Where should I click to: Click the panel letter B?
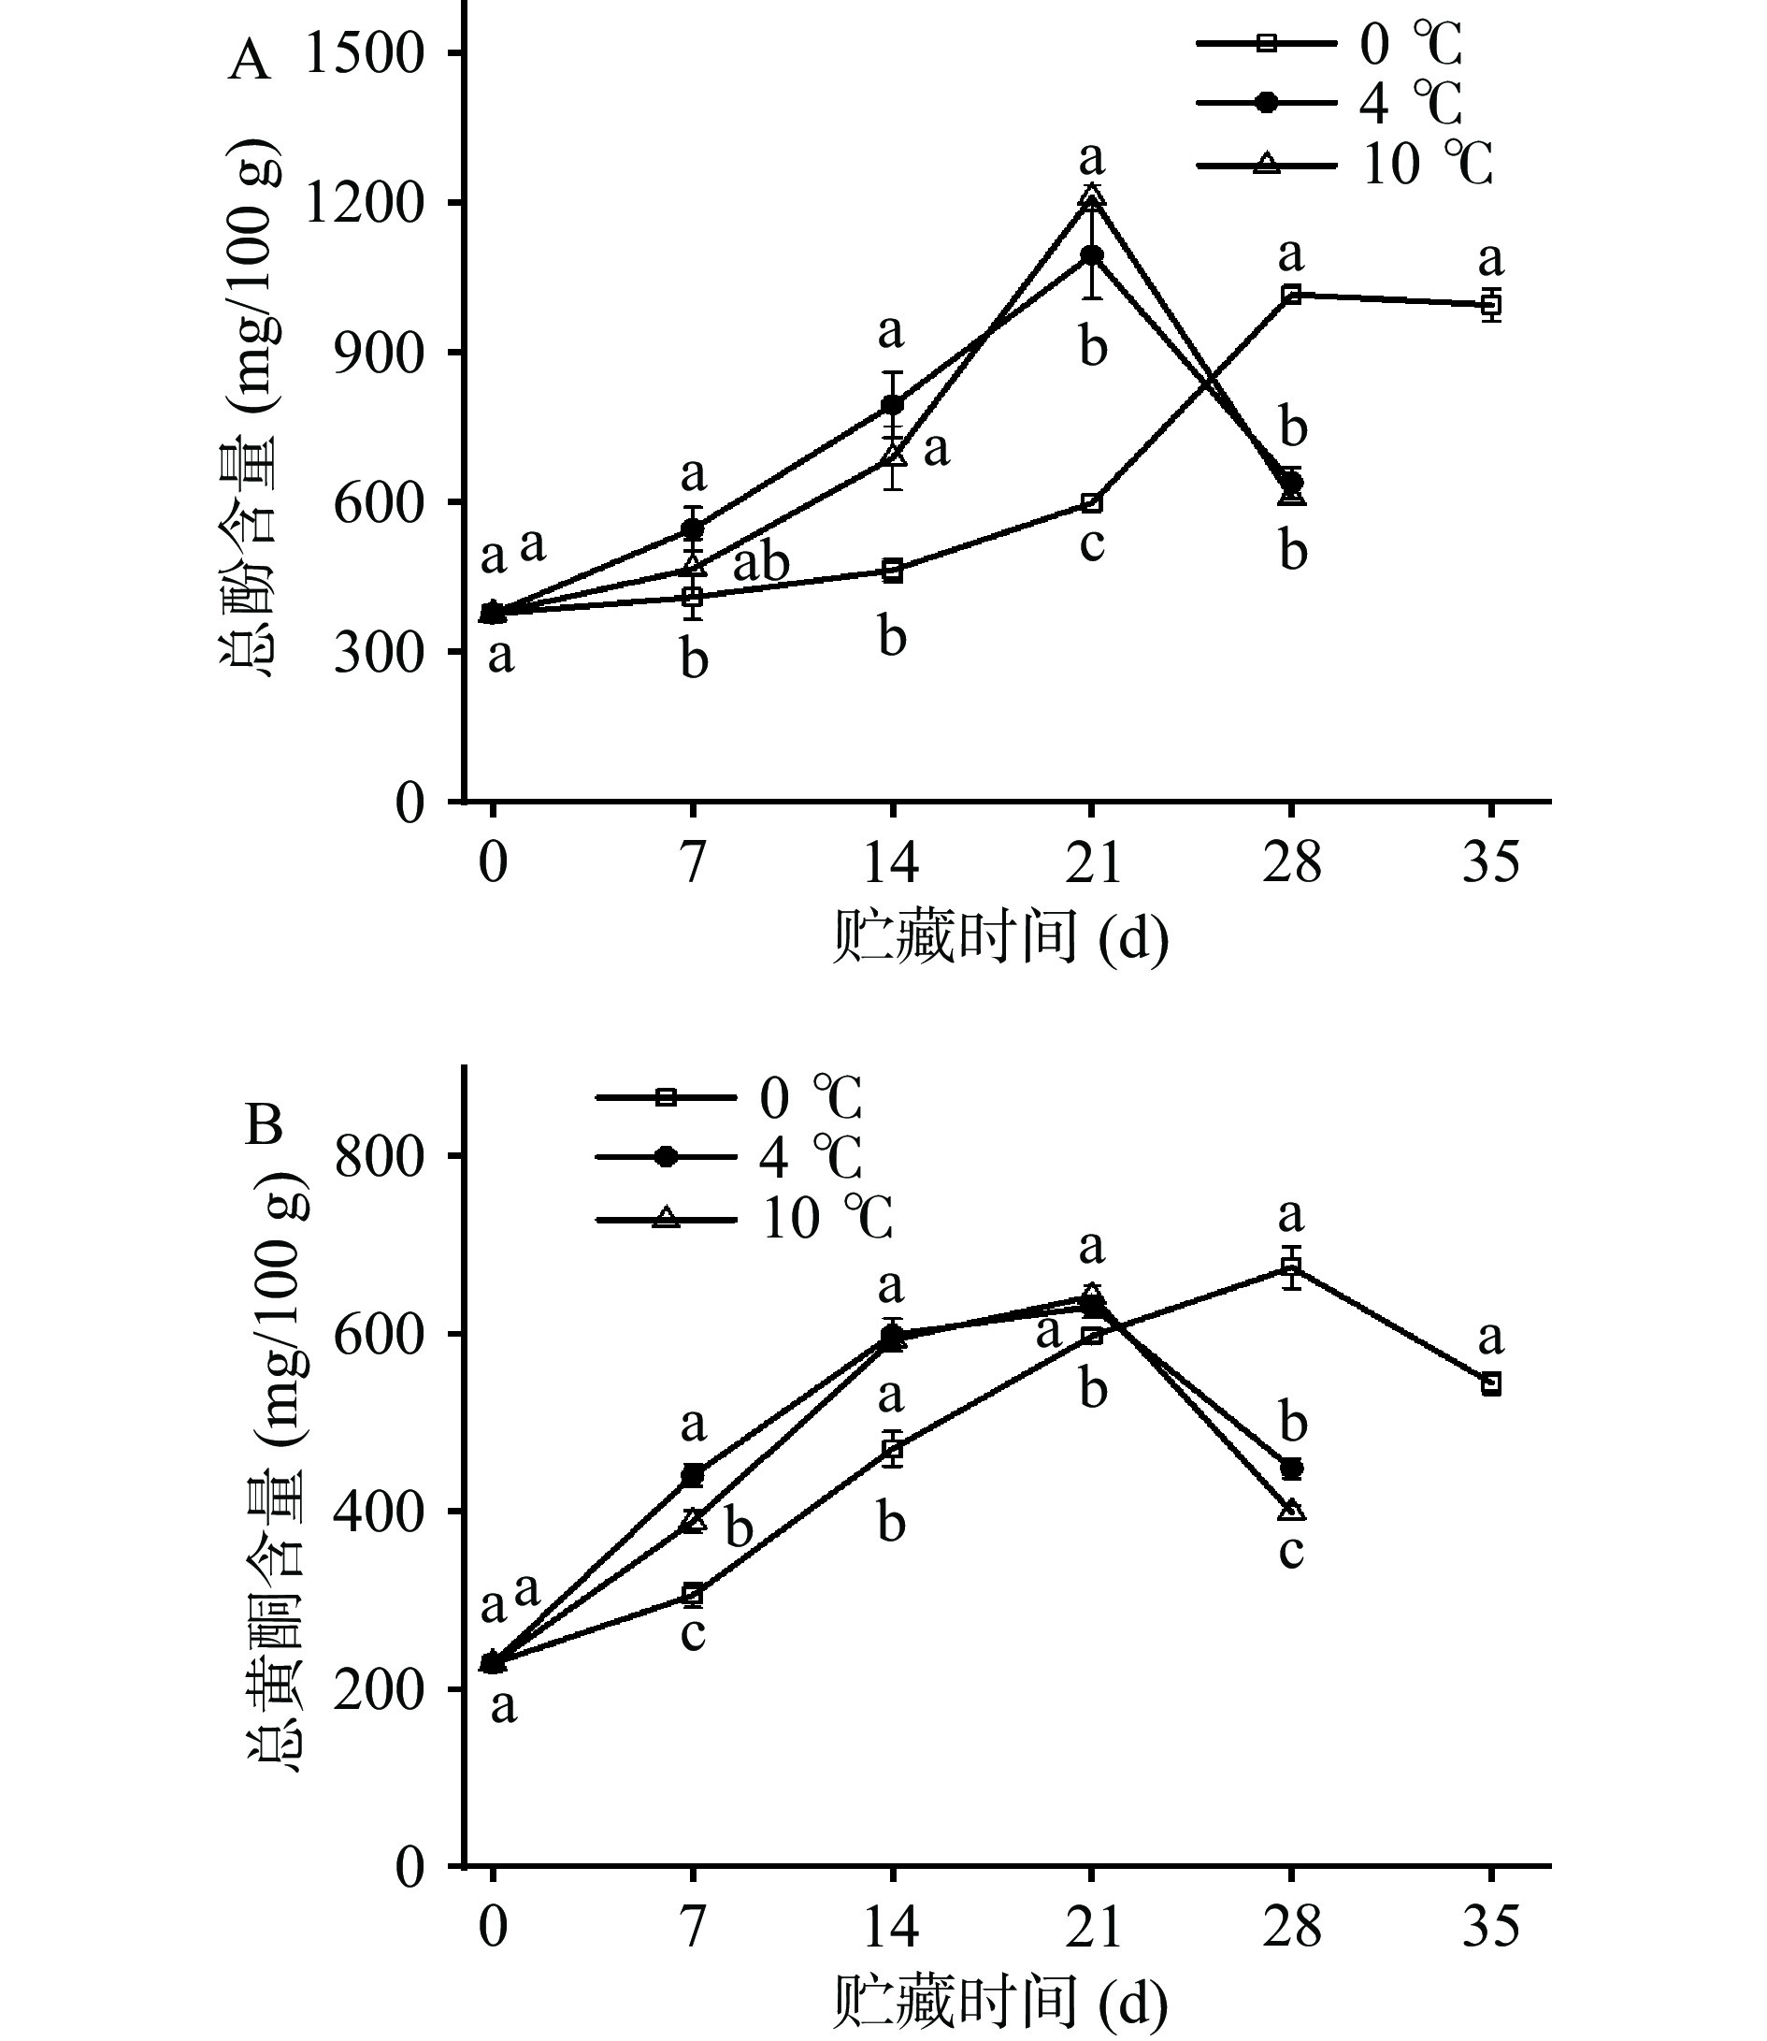tap(264, 1124)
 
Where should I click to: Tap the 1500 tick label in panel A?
tap(365, 53)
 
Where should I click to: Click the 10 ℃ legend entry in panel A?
tap(1345, 165)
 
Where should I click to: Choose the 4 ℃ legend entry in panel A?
tap(1330, 103)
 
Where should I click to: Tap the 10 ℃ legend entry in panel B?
tap(745, 1220)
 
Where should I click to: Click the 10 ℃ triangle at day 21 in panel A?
tap(1092, 199)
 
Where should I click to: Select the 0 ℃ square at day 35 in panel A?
tap(1491, 305)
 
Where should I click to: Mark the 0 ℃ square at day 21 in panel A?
tap(1092, 503)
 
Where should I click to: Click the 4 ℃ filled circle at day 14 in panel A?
tap(892, 404)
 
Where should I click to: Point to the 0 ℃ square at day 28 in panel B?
tap(1291, 1267)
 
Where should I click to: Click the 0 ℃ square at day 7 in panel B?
tap(693, 1594)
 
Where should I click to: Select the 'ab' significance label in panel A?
tap(761, 563)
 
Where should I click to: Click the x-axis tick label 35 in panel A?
tap(1491, 863)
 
